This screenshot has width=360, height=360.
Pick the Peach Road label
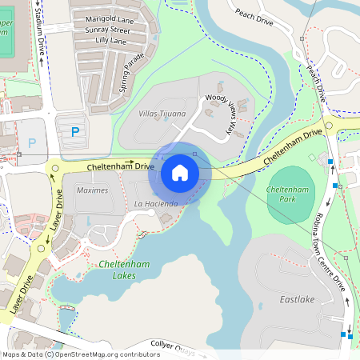pyautogui.click(x=255, y=17)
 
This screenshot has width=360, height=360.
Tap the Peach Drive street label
pyautogui.click(x=315, y=80)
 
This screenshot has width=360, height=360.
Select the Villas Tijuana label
pyautogui.click(x=161, y=114)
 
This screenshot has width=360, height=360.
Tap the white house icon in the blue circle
pyautogui.click(x=179, y=172)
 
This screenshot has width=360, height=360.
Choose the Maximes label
pyautogui.click(x=91, y=190)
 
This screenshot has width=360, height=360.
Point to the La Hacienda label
pyautogui.click(x=154, y=204)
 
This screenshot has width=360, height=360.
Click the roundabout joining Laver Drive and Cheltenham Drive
pyautogui.click(x=54, y=169)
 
